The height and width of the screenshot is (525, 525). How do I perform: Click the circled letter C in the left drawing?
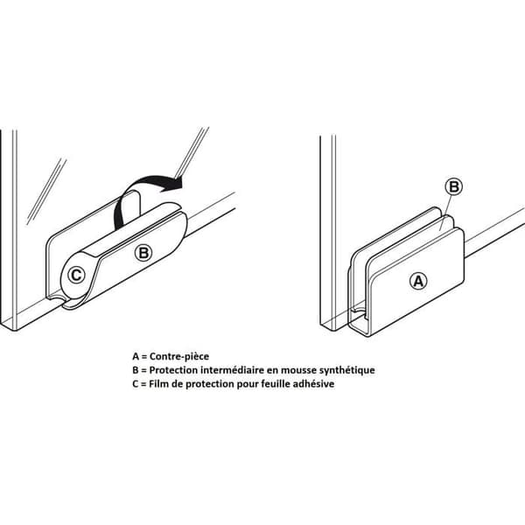[76, 276]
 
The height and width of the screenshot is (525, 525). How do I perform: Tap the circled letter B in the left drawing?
[143, 253]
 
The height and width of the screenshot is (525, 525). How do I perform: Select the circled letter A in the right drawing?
[418, 281]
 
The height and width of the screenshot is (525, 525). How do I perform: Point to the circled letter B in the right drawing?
[453, 186]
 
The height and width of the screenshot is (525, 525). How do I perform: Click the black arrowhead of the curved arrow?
[173, 184]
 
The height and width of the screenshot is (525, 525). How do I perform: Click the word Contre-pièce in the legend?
[179, 356]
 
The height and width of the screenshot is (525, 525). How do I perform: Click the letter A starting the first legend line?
[136, 356]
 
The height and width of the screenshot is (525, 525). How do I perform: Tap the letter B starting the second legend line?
[136, 370]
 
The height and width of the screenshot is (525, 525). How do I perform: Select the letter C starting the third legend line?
[136, 384]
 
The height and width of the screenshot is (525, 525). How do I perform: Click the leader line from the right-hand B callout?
[446, 213]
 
